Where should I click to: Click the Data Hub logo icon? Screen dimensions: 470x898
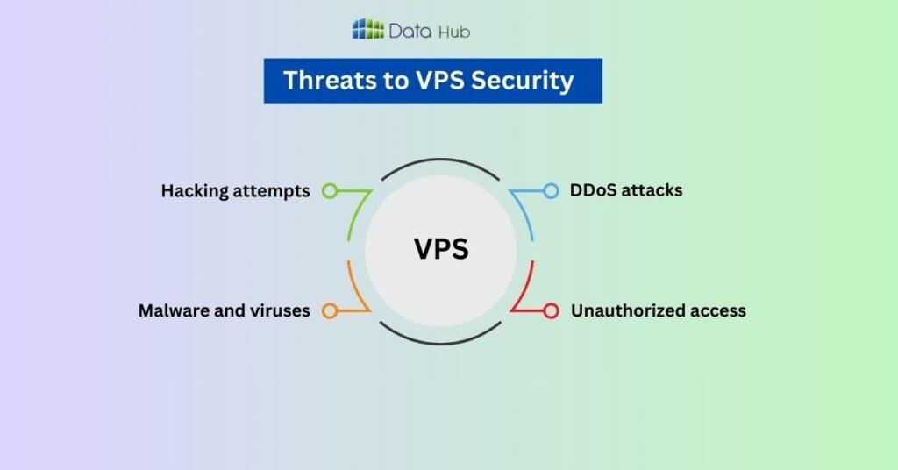(367, 30)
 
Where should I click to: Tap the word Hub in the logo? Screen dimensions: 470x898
(455, 32)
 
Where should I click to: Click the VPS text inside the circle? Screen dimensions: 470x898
(441, 249)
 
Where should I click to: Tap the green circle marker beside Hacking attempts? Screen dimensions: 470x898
(330, 190)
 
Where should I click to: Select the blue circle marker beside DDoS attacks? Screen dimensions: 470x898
(551, 190)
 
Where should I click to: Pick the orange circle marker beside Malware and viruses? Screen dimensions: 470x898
(330, 310)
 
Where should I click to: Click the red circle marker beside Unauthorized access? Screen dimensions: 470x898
(551, 310)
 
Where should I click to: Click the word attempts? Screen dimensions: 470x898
(273, 190)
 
